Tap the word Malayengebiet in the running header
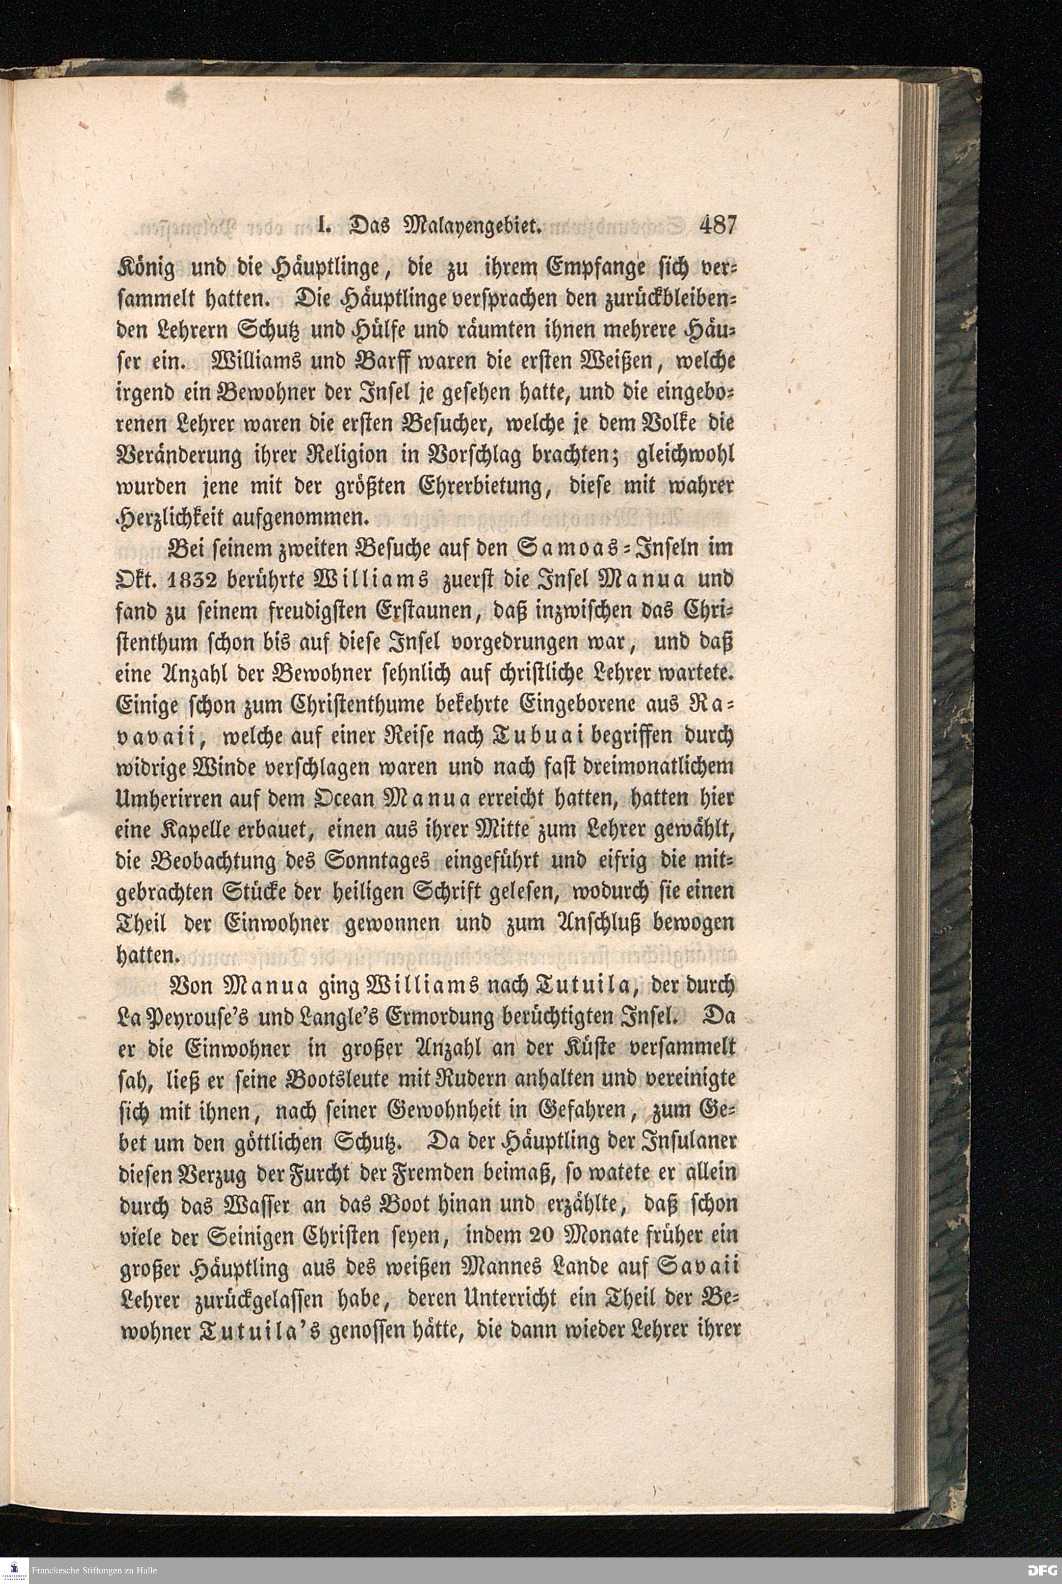[469, 226]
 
